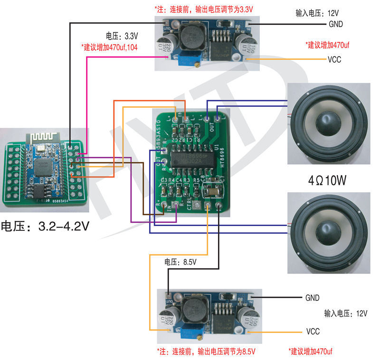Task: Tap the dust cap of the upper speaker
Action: pyautogui.click(x=328, y=123)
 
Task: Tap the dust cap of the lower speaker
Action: pyautogui.click(x=328, y=232)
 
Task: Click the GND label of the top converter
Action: pyautogui.click(x=334, y=24)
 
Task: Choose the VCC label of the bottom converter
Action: pyautogui.click(x=313, y=331)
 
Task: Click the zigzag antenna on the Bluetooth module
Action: pyautogui.click(x=43, y=136)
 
